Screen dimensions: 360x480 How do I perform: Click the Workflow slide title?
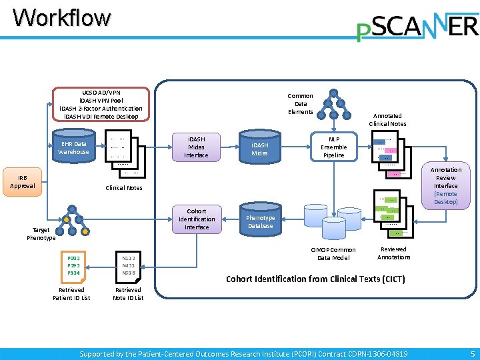(61, 17)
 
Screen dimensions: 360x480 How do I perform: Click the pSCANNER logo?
(417, 27)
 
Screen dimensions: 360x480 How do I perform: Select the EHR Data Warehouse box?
(73, 147)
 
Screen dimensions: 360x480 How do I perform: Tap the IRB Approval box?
(22, 181)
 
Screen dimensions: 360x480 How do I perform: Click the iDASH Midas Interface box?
(196, 147)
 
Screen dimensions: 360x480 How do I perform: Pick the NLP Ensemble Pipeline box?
(333, 147)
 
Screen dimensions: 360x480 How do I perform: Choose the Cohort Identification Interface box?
(197, 219)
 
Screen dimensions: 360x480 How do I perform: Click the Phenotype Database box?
(261, 221)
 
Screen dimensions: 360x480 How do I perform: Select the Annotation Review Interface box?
(445, 185)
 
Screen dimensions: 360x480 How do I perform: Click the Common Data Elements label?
(300, 103)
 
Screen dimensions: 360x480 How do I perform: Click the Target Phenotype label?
(41, 233)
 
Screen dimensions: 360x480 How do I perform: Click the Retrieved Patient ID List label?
(71, 294)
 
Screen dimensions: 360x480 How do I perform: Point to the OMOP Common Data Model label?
(333, 254)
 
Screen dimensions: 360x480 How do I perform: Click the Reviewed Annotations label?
(393, 253)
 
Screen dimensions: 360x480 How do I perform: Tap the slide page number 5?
(473, 353)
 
